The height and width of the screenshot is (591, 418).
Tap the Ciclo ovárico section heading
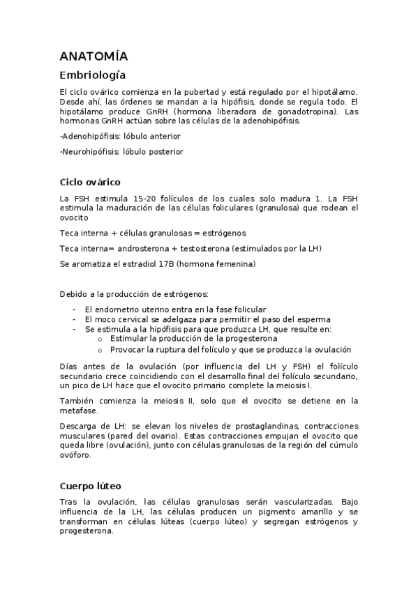[x=90, y=183]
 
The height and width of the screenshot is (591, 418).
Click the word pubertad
[x=198, y=91]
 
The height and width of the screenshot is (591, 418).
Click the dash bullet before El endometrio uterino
[x=74, y=309]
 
